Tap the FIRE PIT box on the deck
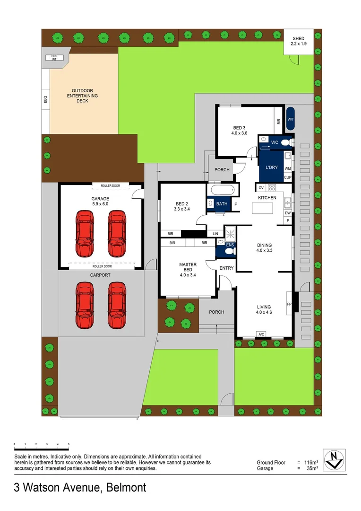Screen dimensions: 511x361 coord(51,58)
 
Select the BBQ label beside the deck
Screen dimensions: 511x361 coord(46,100)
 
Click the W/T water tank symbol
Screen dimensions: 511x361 coord(291,120)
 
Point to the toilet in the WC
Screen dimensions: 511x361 coord(284,141)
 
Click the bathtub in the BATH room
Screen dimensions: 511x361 coord(222,190)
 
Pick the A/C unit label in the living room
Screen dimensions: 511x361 coord(261,335)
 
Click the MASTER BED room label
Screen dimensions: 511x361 coord(188,268)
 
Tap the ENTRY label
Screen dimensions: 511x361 coord(227,268)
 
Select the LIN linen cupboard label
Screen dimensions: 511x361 coord(215,234)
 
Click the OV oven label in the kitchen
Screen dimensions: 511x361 coord(261,188)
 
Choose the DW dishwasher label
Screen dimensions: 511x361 coord(288,213)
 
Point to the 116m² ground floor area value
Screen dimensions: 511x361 coord(310,462)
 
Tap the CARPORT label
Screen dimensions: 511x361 coord(100,275)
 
